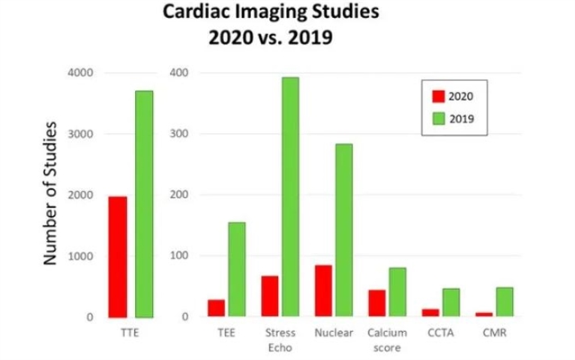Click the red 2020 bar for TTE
pos(117,256)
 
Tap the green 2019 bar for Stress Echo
pos(290,197)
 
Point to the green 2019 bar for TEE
pos(237,269)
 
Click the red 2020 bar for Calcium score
pos(377,303)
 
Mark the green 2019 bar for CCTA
pos(450,302)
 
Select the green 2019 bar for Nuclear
pos(343,230)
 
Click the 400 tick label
pos(178,73)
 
